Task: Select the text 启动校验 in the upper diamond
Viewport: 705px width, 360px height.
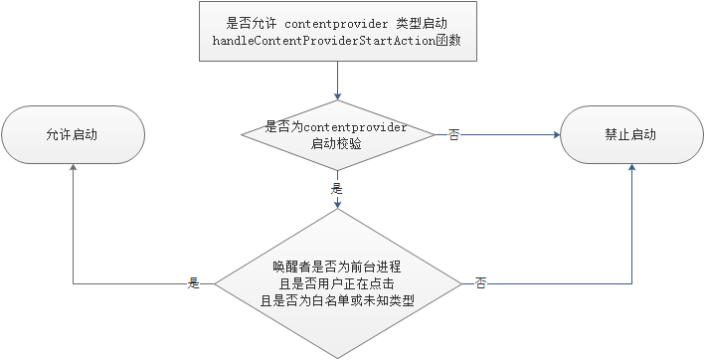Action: [337, 144]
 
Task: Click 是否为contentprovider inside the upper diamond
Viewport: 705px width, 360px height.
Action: [337, 127]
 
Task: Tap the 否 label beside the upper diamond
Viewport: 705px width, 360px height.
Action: [453, 134]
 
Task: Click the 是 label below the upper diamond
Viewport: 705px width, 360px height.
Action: [337, 187]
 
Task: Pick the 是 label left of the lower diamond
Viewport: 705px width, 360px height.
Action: [195, 283]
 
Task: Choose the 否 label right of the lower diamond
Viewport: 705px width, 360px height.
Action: [480, 283]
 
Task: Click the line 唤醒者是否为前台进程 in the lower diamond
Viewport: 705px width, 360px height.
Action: [337, 267]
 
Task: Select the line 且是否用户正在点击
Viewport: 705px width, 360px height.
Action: [337, 282]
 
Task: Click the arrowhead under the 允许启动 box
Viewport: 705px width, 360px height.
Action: [73, 169]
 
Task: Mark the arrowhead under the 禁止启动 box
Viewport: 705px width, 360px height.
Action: [631, 169]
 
